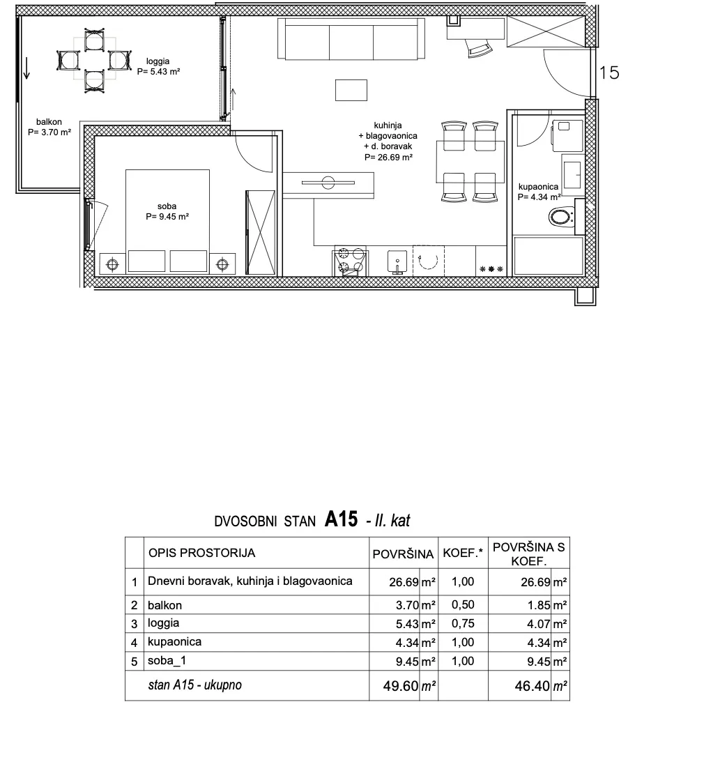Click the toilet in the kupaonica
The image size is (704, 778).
click(x=562, y=217)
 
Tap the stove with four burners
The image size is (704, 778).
click(x=351, y=261)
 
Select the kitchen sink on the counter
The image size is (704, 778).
click(x=397, y=261)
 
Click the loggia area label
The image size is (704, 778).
click(x=158, y=66)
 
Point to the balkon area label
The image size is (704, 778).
click(x=49, y=127)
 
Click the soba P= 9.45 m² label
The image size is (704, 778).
click(x=167, y=211)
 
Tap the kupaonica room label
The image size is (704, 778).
click(x=540, y=192)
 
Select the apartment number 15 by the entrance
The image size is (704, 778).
click(x=609, y=73)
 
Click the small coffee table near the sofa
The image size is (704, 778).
click(x=351, y=91)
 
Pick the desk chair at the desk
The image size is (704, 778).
click(x=480, y=49)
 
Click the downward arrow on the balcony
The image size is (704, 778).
click(x=26, y=68)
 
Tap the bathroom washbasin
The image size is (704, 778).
click(x=573, y=171)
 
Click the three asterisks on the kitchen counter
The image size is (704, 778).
click(x=491, y=269)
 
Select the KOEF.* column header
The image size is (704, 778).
click(x=463, y=553)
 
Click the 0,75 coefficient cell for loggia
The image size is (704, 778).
click(x=463, y=623)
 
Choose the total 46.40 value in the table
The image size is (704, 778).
click(x=533, y=686)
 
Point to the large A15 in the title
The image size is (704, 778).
click(x=342, y=519)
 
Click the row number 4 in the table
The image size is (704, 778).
click(x=134, y=643)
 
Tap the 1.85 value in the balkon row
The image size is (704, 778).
click(x=538, y=605)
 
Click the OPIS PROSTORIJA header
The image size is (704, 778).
click(x=202, y=553)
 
